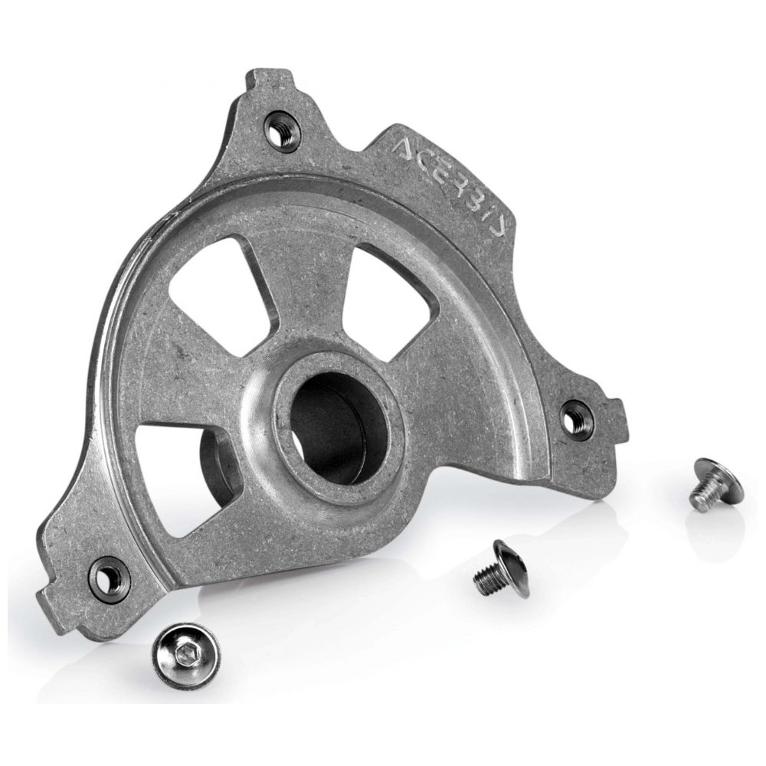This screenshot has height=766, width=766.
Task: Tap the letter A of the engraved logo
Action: pyautogui.click(x=409, y=148)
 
